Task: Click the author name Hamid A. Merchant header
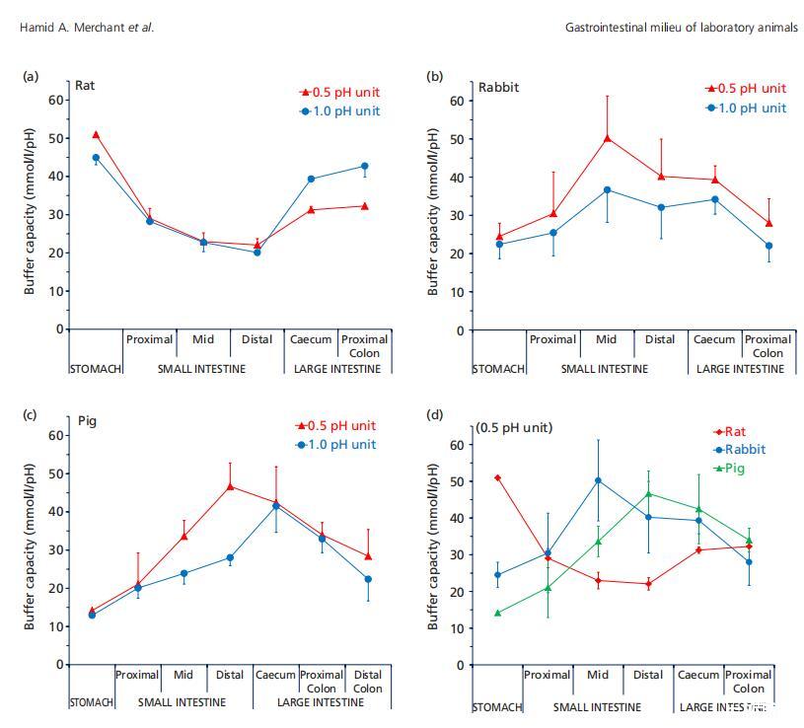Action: tap(86, 28)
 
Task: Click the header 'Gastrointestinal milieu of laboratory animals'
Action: tap(681, 28)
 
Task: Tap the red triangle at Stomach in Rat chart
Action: tap(96, 134)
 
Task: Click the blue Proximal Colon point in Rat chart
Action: tap(364, 166)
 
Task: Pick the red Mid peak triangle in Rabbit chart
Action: tap(607, 138)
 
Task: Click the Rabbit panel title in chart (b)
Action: tap(498, 87)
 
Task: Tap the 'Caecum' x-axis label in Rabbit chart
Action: tap(714, 339)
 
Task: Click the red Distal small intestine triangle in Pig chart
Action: tap(230, 485)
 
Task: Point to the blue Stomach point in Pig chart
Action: tap(92, 615)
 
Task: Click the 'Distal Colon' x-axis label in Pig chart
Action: tap(368, 682)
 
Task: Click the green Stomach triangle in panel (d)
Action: tap(496, 613)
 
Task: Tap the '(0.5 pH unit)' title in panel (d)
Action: tap(513, 427)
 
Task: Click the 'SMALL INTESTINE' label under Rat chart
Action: tap(202, 369)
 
